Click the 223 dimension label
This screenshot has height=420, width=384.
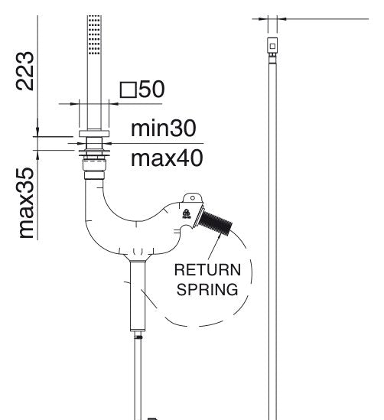(25, 71)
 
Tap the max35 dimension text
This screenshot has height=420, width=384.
(26, 203)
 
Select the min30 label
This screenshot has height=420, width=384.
(164, 129)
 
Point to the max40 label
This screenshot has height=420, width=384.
(167, 158)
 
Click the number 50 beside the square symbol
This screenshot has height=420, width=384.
(151, 89)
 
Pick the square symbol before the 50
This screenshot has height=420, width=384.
(129, 90)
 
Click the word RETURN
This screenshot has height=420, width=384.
(207, 270)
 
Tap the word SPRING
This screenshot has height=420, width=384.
(207, 289)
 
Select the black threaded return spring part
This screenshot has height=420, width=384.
(215, 223)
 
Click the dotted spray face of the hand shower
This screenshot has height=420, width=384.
(94, 35)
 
